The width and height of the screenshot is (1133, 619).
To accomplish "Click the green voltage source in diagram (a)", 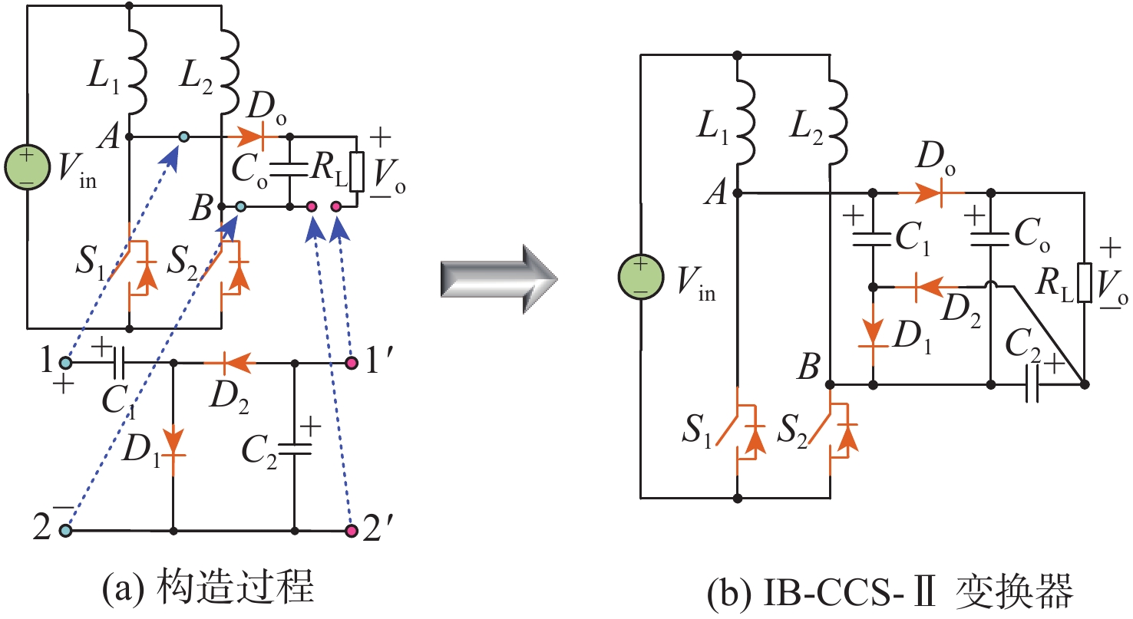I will [28, 166].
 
